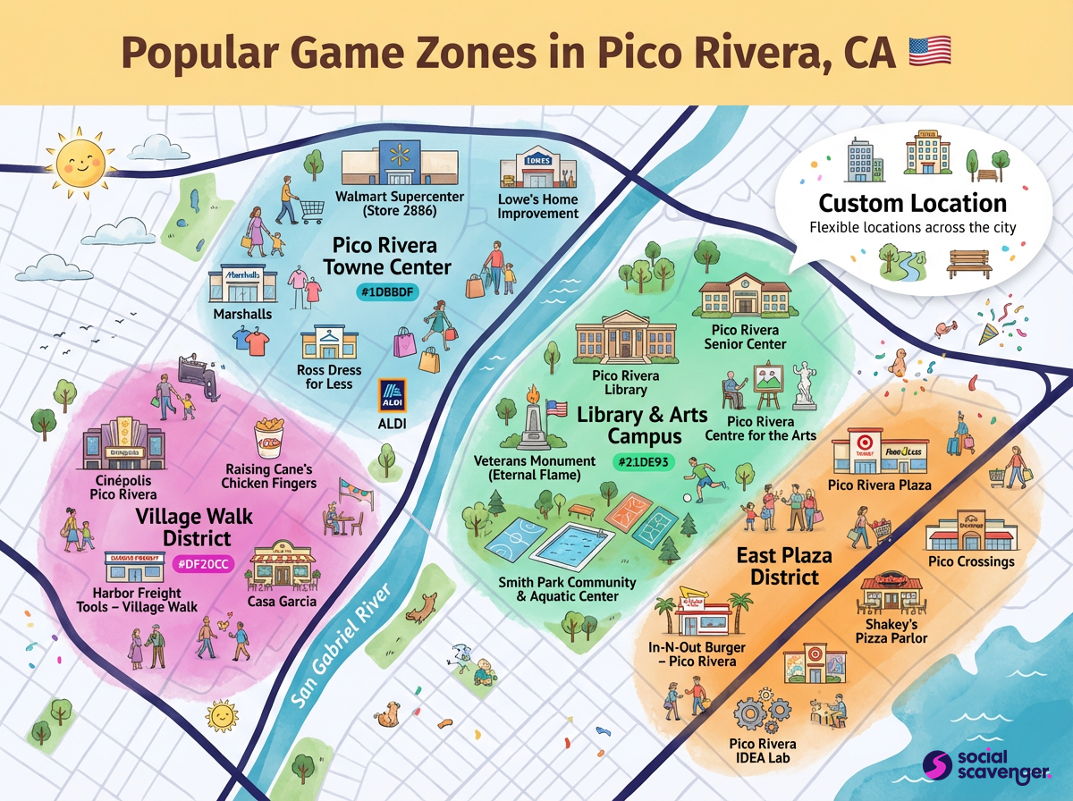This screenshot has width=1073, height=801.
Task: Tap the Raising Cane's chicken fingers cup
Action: [268, 439]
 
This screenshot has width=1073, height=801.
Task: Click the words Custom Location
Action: [912, 203]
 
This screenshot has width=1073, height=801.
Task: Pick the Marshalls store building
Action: [239, 284]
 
